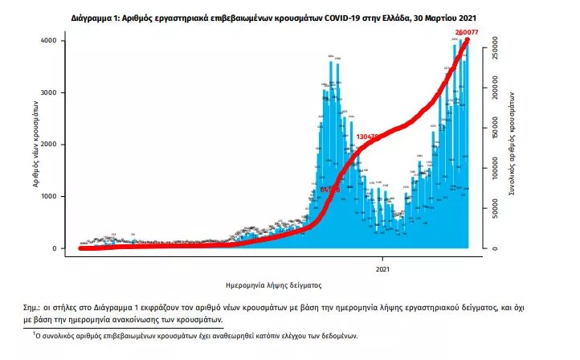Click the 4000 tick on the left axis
pos(49,40)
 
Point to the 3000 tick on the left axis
pos(49,92)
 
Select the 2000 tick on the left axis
pos(49,145)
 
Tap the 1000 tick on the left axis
pos(49,196)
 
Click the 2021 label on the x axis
pos(383,268)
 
